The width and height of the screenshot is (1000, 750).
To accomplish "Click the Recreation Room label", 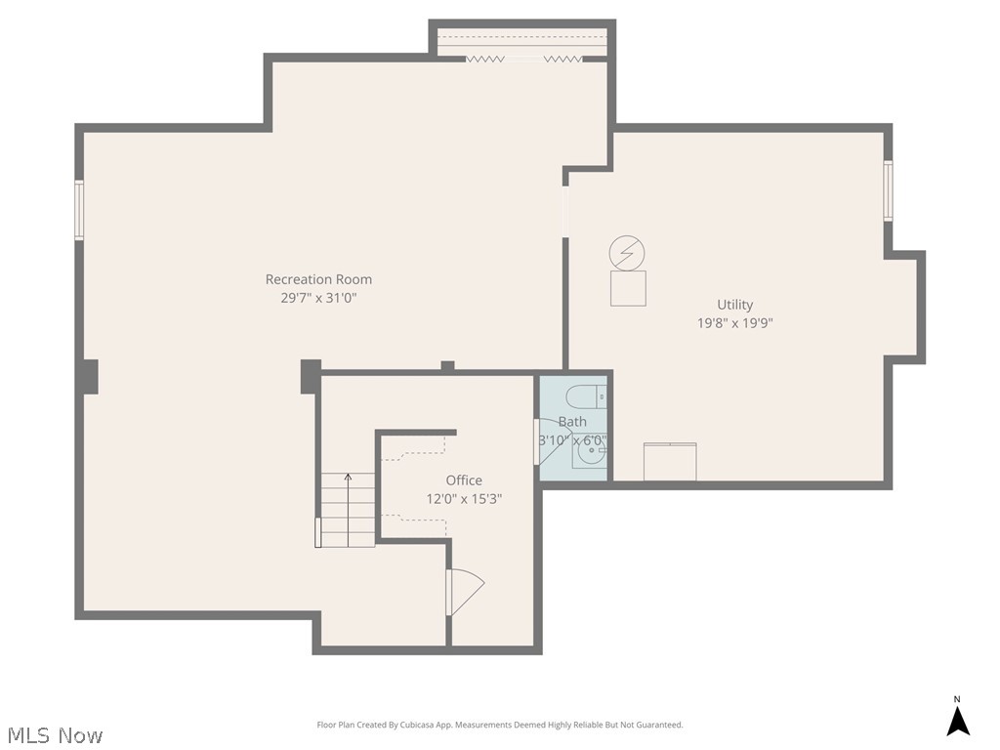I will [x=318, y=279].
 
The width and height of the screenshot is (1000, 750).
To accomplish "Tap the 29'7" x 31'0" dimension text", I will [x=318, y=299].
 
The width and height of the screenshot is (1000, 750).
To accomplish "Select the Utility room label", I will [x=734, y=305].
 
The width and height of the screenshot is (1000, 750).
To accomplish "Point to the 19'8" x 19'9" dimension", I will [x=734, y=323].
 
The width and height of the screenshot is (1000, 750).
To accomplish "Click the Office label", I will [x=464, y=480].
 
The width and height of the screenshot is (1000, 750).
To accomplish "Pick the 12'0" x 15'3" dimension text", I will [x=464, y=499].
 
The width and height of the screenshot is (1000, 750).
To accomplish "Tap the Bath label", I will [x=572, y=422].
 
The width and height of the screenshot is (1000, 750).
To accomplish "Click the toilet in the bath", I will [x=585, y=396].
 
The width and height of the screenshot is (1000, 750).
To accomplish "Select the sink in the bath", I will [x=590, y=452].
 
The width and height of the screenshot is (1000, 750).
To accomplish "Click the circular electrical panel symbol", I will [x=627, y=254].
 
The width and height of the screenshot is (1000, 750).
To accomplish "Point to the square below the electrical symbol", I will [x=628, y=289].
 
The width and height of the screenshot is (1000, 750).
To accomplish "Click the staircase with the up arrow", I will [x=348, y=509].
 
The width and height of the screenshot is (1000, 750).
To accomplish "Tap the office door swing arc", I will [x=466, y=592].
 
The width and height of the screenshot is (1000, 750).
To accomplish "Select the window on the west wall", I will [x=79, y=210].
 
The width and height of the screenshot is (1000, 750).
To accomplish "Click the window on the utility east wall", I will [x=888, y=190].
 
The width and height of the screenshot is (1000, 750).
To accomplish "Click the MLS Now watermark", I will [x=55, y=734].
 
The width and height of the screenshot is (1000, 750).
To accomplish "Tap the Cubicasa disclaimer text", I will [x=500, y=725].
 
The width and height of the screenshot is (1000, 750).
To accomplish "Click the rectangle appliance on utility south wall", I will [x=670, y=462].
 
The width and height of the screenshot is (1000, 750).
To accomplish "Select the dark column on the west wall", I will [x=89, y=376].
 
